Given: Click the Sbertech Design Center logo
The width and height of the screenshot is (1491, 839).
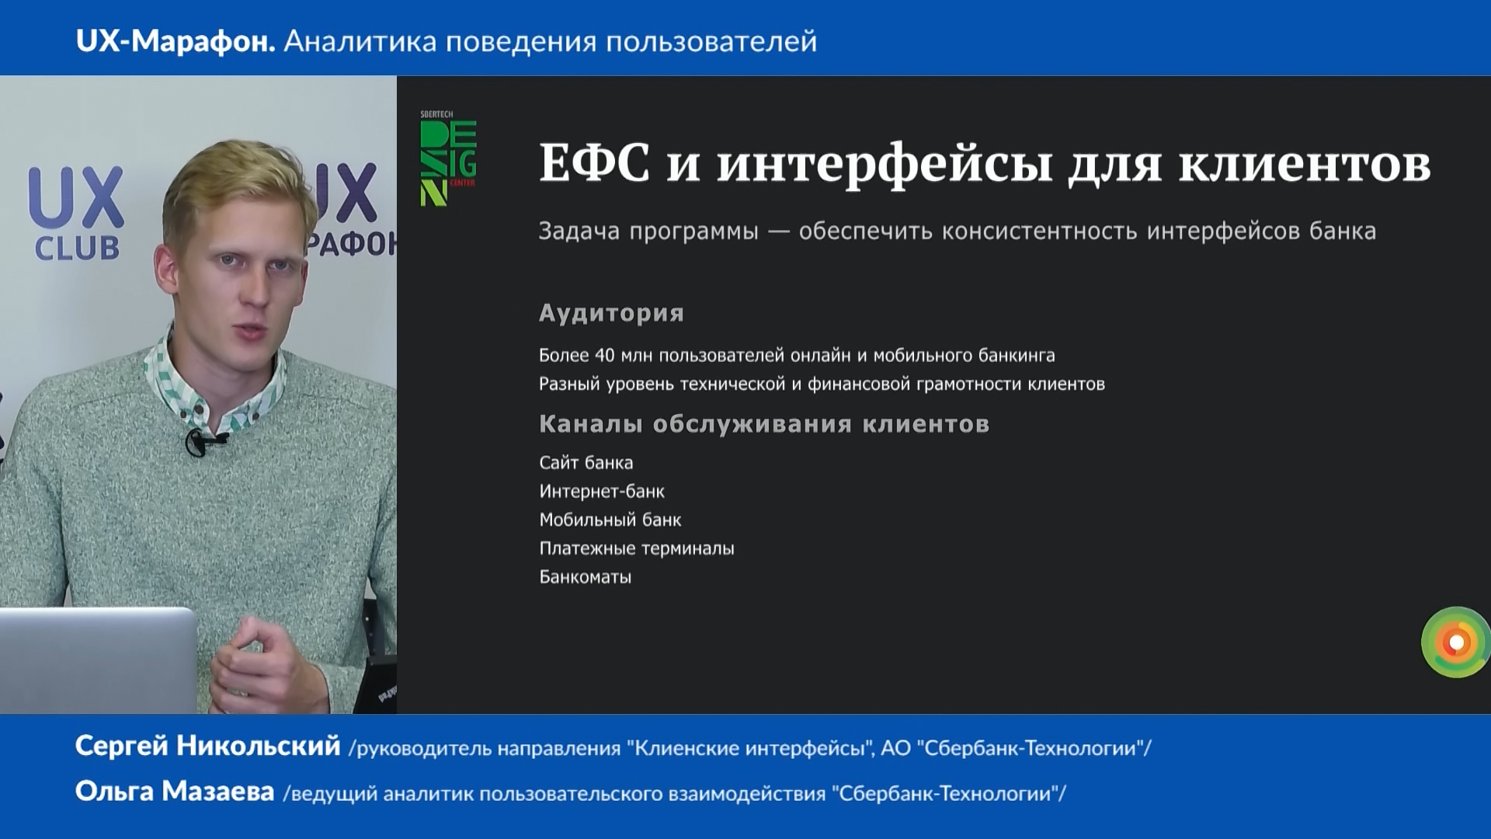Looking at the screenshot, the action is (448, 158).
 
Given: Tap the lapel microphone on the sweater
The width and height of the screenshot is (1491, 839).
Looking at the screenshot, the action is (197, 443).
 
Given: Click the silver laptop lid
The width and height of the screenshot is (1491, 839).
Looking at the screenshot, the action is (97, 660).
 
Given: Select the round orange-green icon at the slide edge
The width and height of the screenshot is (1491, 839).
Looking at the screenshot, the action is (1456, 642).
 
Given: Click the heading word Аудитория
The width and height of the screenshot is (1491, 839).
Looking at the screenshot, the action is (612, 313).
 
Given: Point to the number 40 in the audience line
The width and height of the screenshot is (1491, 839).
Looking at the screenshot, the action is (605, 355).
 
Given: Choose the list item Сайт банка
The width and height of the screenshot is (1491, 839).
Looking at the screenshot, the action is (586, 462).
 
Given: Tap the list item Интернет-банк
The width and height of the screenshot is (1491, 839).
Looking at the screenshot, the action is (602, 491).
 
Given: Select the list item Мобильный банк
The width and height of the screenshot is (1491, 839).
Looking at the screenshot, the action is (610, 520).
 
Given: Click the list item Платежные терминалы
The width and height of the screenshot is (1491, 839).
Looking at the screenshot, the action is (637, 548).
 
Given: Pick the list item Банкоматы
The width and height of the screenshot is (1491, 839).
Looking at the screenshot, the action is (586, 577).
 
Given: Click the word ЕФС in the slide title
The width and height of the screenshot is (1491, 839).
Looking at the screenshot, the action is (595, 163).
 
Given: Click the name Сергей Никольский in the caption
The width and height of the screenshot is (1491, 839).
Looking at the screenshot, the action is (208, 746).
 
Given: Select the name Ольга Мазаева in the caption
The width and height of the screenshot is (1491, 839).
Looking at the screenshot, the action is (175, 792).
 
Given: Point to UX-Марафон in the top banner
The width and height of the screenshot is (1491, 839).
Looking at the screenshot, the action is (176, 41).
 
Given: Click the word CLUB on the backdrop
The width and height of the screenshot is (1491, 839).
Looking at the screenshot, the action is (77, 249).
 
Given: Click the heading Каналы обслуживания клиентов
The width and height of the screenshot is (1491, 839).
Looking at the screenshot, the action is (764, 424).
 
